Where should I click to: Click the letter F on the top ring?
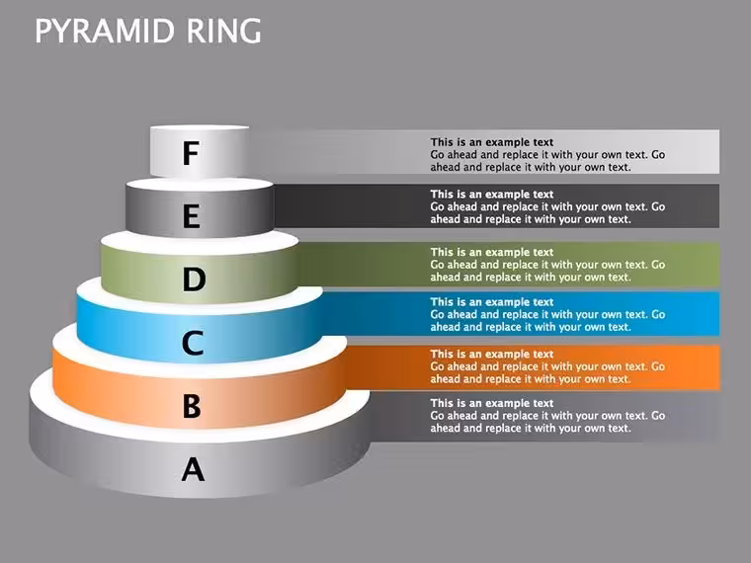point(191,153)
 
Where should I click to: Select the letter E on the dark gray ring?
point(192,216)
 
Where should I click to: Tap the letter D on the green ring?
point(194,280)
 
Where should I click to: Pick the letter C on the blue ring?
point(193,343)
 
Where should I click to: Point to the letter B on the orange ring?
point(192,406)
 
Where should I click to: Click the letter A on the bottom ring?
point(193,469)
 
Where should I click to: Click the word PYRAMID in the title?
point(105,32)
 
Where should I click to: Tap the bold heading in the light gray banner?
point(491,142)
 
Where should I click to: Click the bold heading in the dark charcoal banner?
point(491,195)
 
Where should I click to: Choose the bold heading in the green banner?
point(491,252)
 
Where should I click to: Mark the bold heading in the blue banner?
point(491,302)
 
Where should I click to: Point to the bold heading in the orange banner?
point(491,355)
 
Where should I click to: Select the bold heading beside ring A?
point(491,403)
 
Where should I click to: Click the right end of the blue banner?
point(719,313)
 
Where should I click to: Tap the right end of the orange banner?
point(719,367)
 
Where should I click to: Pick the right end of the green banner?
point(719,265)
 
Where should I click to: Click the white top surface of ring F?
point(200,127)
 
